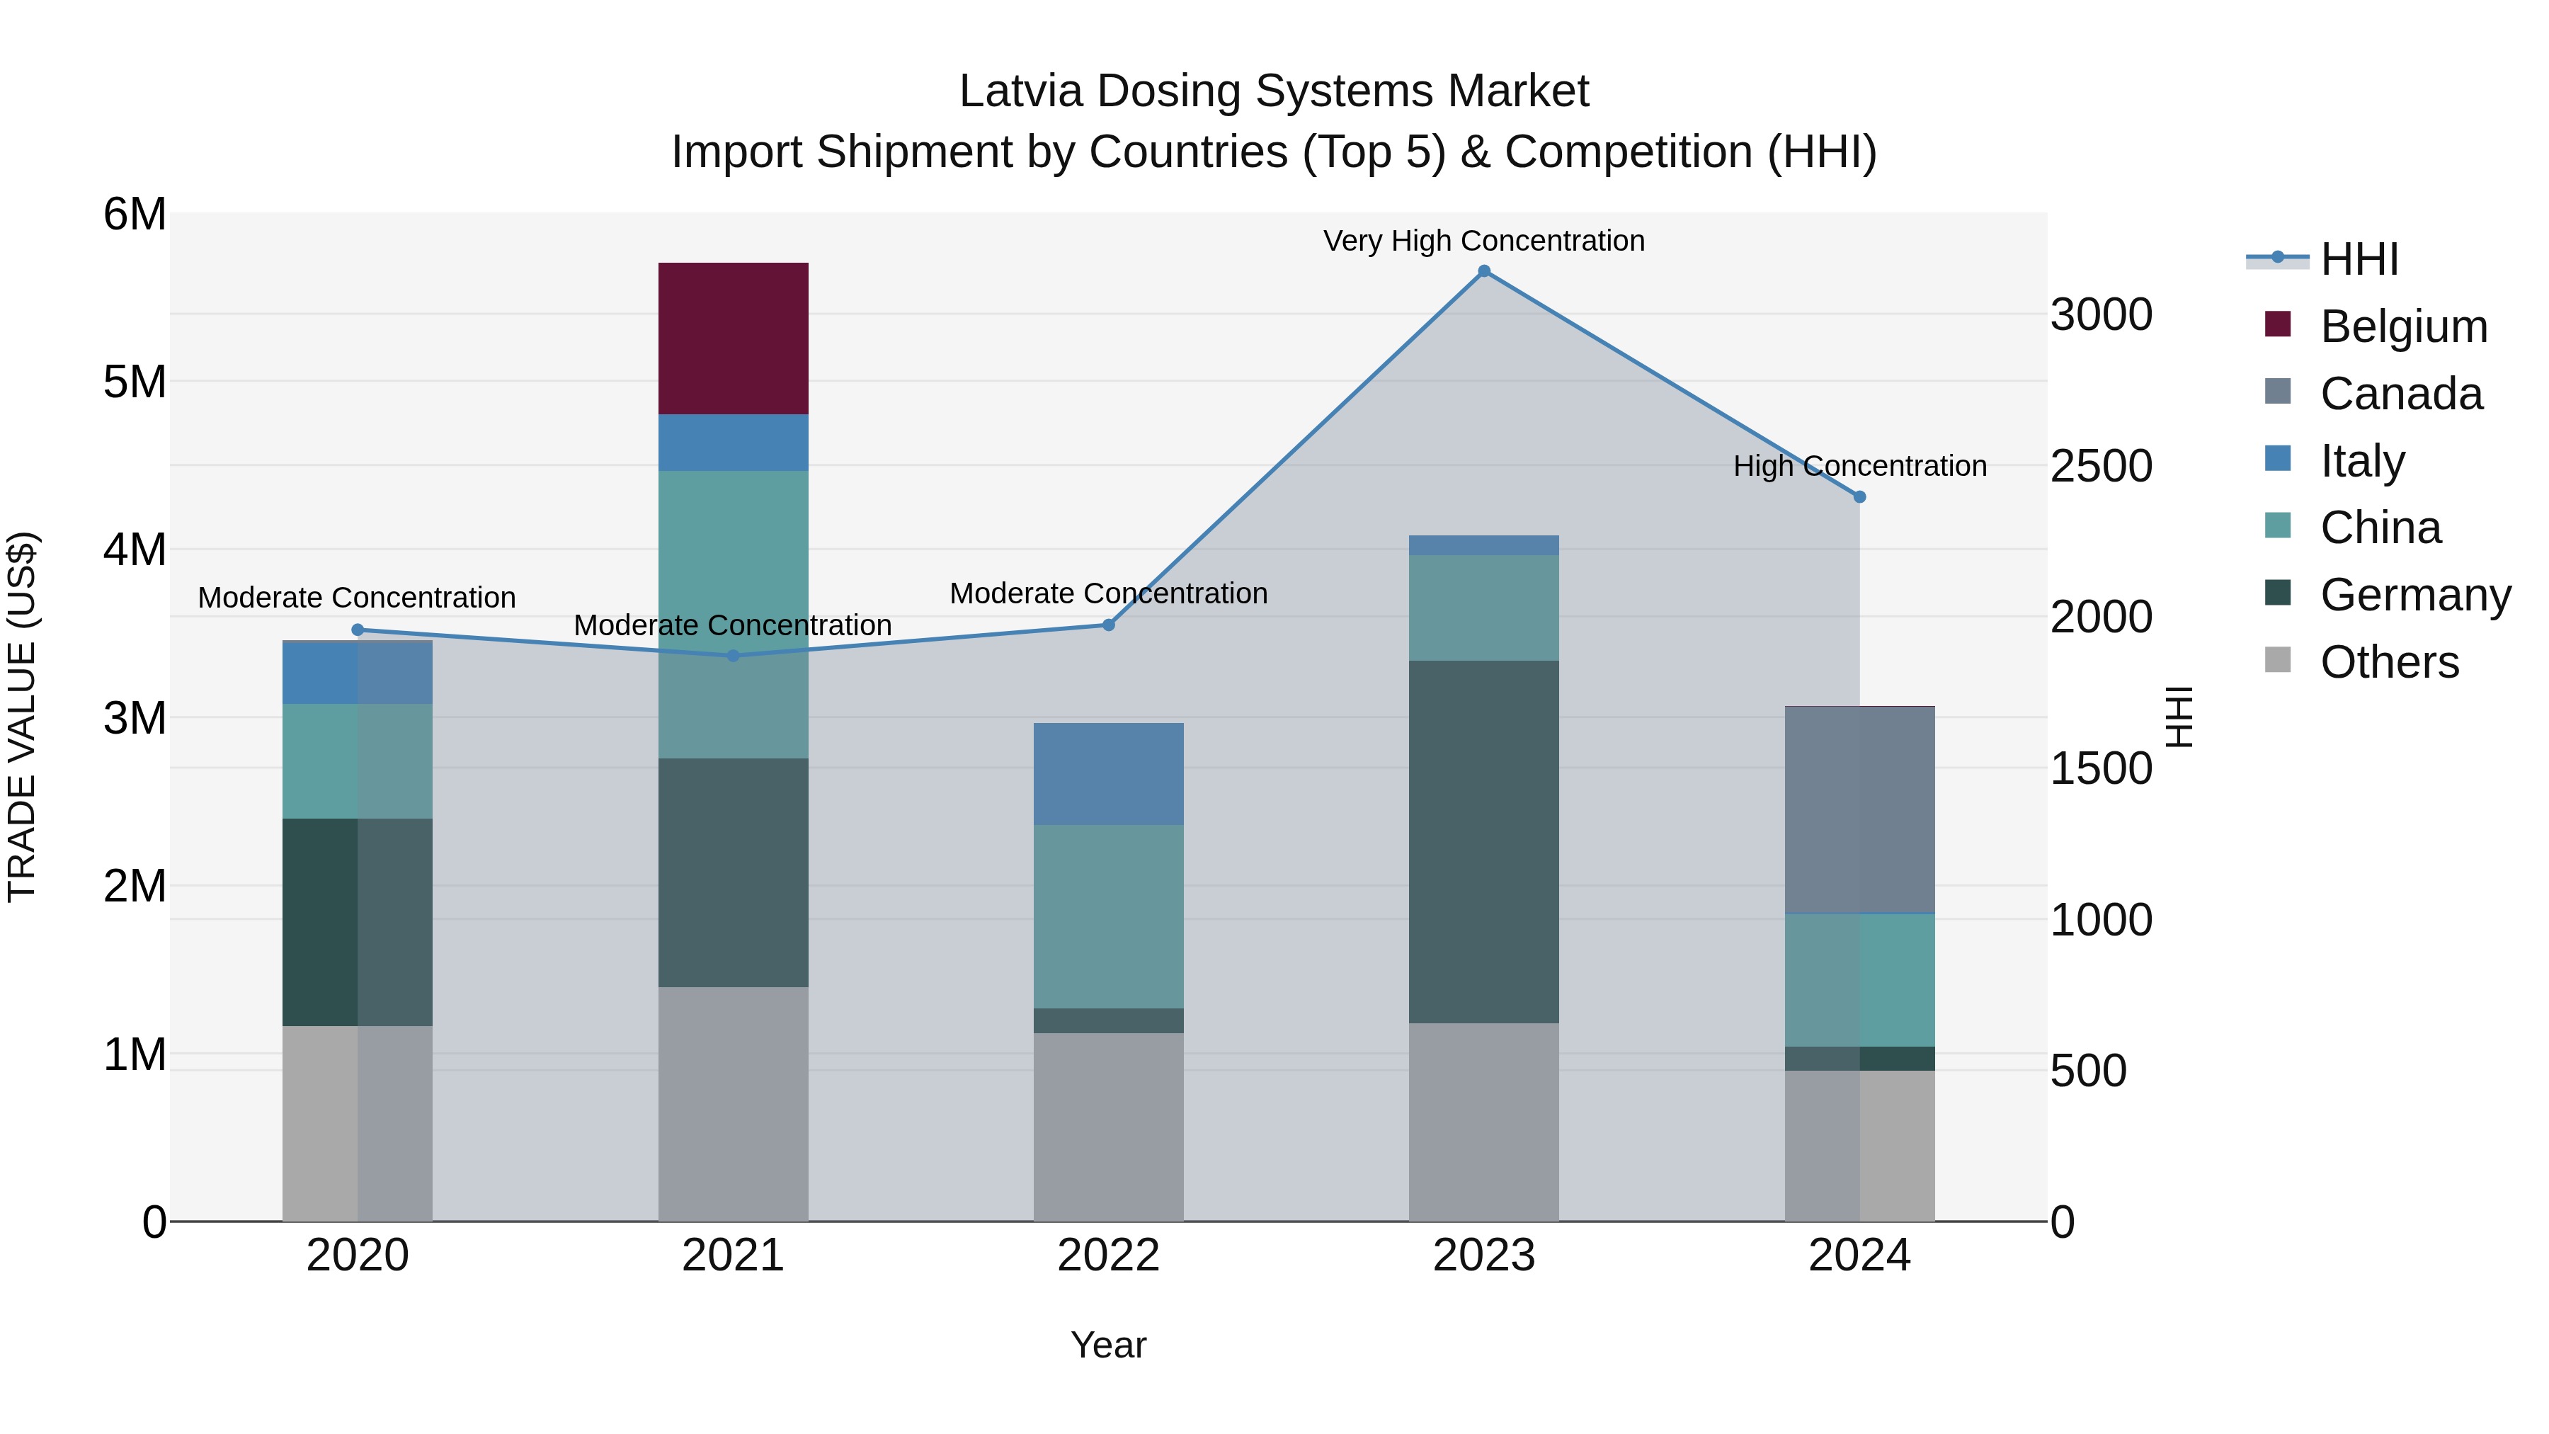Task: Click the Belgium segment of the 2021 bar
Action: (x=734, y=338)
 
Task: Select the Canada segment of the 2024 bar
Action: (x=1859, y=809)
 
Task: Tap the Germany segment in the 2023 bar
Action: (x=1483, y=841)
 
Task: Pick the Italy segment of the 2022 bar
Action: (x=1108, y=774)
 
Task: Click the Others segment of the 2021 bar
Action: (x=734, y=1103)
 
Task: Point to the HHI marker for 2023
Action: (x=1483, y=271)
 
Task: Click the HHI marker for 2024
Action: (x=1859, y=497)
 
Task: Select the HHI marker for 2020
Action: (x=358, y=630)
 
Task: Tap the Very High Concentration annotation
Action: (x=1483, y=241)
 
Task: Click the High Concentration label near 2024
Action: (x=1859, y=465)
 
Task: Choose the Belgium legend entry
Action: (x=2402, y=326)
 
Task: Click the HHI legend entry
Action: (x=2359, y=259)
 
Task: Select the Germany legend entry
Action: (x=2414, y=595)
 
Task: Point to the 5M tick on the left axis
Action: (x=135, y=382)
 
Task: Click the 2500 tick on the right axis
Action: (x=2101, y=466)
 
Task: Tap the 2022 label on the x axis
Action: (x=1108, y=1255)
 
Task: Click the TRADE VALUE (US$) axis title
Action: (x=22, y=717)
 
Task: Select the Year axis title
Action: (x=1108, y=1345)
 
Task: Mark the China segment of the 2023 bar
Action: (x=1483, y=608)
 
